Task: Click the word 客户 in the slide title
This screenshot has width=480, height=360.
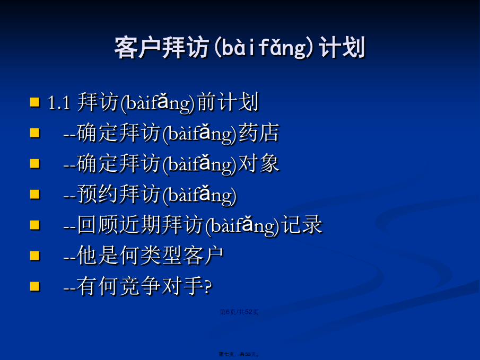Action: click(137, 47)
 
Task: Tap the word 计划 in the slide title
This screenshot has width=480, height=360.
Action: click(342, 47)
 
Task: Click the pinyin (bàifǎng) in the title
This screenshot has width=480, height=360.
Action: click(264, 48)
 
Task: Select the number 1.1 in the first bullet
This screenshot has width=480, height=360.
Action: click(59, 102)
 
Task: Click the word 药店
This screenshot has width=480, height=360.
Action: click(259, 133)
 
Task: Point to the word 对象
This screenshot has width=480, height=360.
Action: click(259, 163)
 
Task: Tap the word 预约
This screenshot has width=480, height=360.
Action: click(98, 194)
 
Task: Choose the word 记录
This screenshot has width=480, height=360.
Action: click(302, 225)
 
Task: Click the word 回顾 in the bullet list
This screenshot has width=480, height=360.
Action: click(98, 225)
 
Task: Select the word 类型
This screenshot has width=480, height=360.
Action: click(161, 256)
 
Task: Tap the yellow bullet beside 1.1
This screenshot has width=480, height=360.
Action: click(35, 102)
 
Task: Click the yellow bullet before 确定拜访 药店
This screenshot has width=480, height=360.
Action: click(35, 133)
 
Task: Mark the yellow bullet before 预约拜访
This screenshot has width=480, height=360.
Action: click(35, 194)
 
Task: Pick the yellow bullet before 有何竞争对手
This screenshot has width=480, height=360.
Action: click(35, 286)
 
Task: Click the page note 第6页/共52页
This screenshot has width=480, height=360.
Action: click(239, 312)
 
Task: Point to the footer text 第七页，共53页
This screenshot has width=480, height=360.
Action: click(239, 354)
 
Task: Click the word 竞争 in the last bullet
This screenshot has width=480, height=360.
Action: click(140, 286)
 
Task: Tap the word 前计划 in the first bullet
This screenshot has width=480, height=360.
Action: click(228, 102)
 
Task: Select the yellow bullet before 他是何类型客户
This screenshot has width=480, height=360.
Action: click(35, 256)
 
